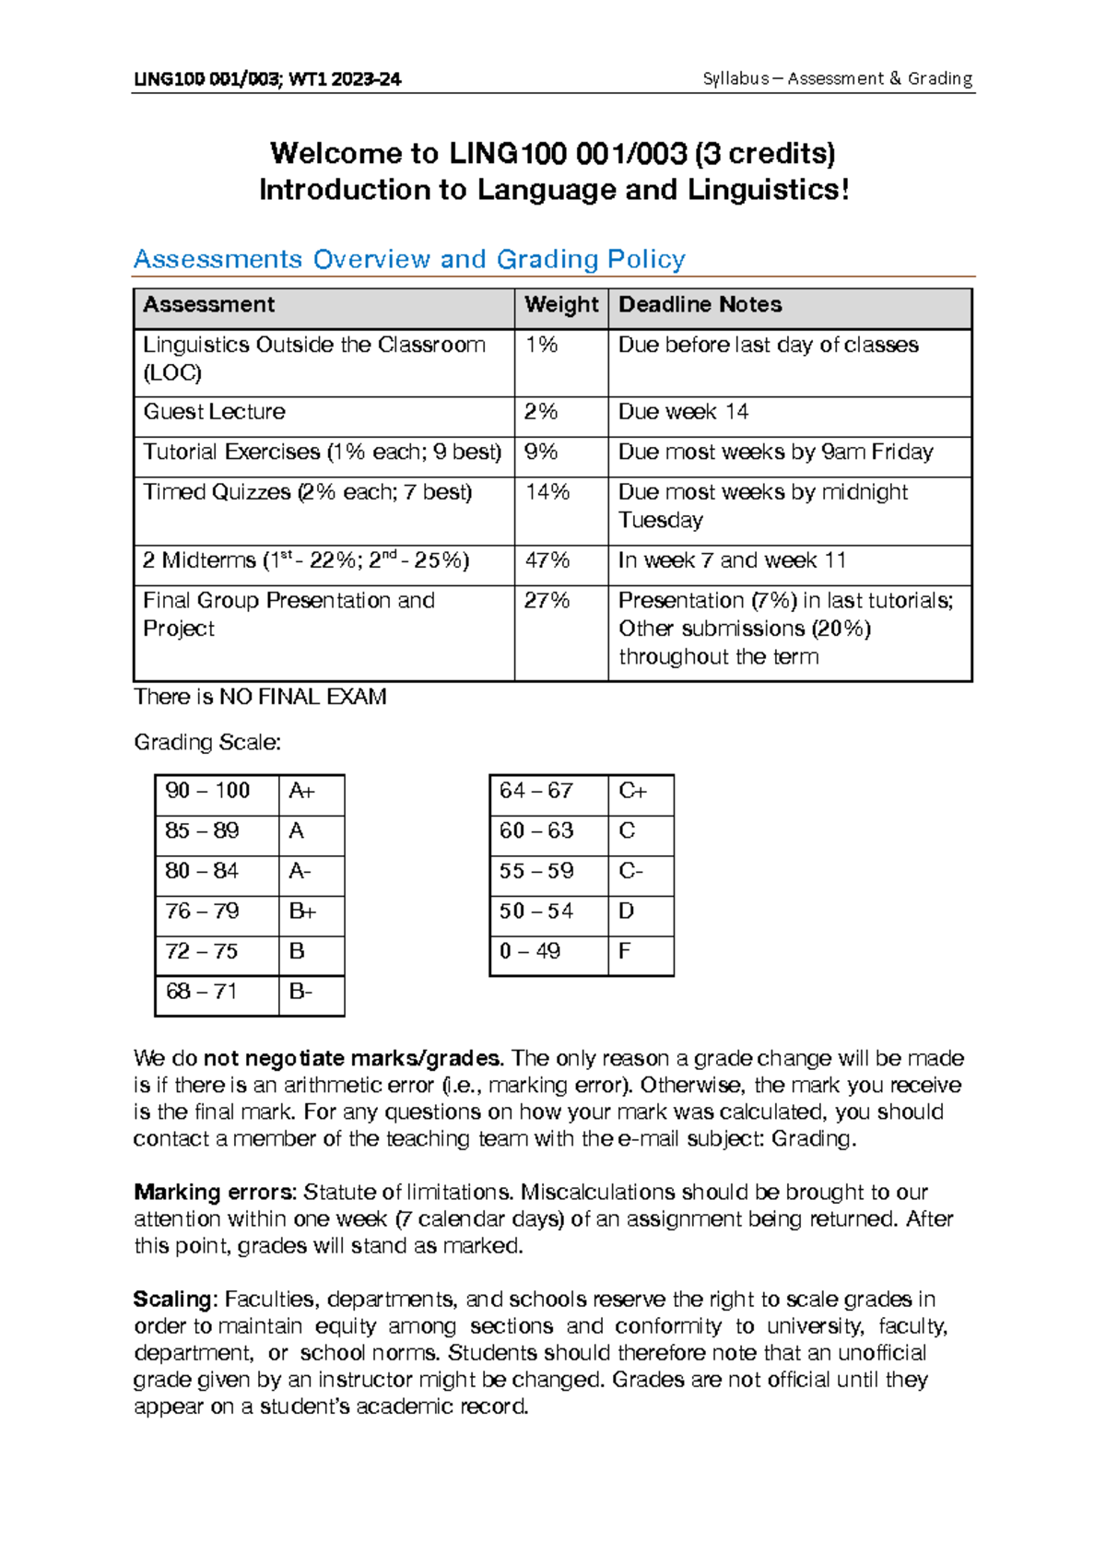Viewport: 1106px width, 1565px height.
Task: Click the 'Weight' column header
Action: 561,305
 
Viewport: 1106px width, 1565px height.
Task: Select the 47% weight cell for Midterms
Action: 547,560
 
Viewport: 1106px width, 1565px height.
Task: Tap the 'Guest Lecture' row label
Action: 215,412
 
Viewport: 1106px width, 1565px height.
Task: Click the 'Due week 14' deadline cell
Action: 683,412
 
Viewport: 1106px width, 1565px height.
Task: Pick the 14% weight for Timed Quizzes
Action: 547,492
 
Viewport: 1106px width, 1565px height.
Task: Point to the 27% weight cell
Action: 547,601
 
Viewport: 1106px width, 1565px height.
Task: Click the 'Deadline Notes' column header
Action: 700,305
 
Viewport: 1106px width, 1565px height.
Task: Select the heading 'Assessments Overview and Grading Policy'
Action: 409,259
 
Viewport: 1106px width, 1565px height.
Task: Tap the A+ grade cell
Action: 301,791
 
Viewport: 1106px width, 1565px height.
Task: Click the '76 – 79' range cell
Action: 203,912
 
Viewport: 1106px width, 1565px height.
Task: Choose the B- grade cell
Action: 300,992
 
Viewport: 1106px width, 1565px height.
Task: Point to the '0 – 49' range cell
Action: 530,951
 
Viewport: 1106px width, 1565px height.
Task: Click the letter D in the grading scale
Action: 627,912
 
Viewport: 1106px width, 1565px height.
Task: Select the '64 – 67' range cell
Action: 536,791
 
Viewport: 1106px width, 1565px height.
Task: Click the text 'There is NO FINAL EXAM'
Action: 260,697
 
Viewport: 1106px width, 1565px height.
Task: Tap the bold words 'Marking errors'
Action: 214,1193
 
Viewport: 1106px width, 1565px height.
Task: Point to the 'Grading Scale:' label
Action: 207,743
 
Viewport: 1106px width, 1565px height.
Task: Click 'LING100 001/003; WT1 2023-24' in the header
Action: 267,79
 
